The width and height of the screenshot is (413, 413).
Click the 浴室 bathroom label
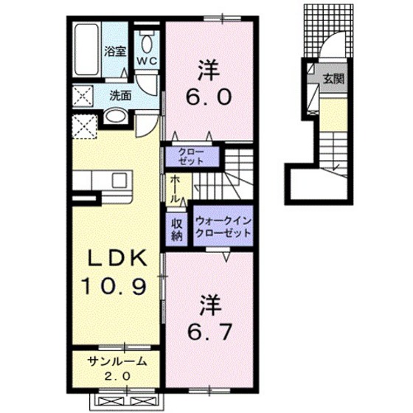point(115,51)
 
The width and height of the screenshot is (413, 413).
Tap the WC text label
point(147,61)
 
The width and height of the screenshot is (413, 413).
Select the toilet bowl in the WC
point(147,44)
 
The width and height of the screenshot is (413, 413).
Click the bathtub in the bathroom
point(86,49)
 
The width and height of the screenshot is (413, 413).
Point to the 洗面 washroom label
point(120,96)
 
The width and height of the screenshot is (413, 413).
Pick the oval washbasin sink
point(115,116)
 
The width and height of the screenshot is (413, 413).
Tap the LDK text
point(117,258)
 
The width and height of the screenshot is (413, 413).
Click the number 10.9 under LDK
point(114,286)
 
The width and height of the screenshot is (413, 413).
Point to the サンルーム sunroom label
point(117,361)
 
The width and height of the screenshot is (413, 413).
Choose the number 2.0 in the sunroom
point(117,376)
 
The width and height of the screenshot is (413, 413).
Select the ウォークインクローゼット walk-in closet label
point(223,226)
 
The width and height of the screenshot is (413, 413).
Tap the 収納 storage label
point(177,229)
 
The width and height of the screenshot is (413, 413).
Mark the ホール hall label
point(175,189)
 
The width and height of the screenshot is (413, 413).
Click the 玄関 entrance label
point(333,78)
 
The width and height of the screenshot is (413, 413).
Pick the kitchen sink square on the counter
point(119,181)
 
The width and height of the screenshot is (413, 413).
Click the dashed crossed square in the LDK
point(85,126)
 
